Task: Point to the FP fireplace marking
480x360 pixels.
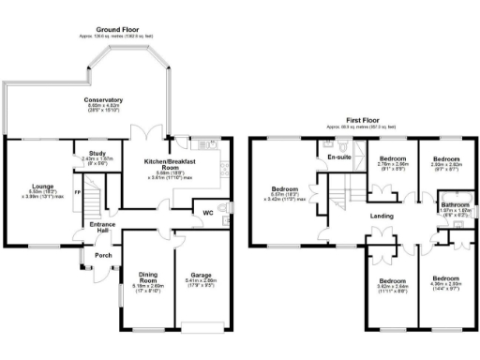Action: (x=78, y=193)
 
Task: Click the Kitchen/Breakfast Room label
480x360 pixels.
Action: (x=168, y=165)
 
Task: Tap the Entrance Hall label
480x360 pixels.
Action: (x=101, y=227)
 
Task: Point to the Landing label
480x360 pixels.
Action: (x=381, y=219)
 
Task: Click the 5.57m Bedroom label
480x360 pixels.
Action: (x=284, y=187)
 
